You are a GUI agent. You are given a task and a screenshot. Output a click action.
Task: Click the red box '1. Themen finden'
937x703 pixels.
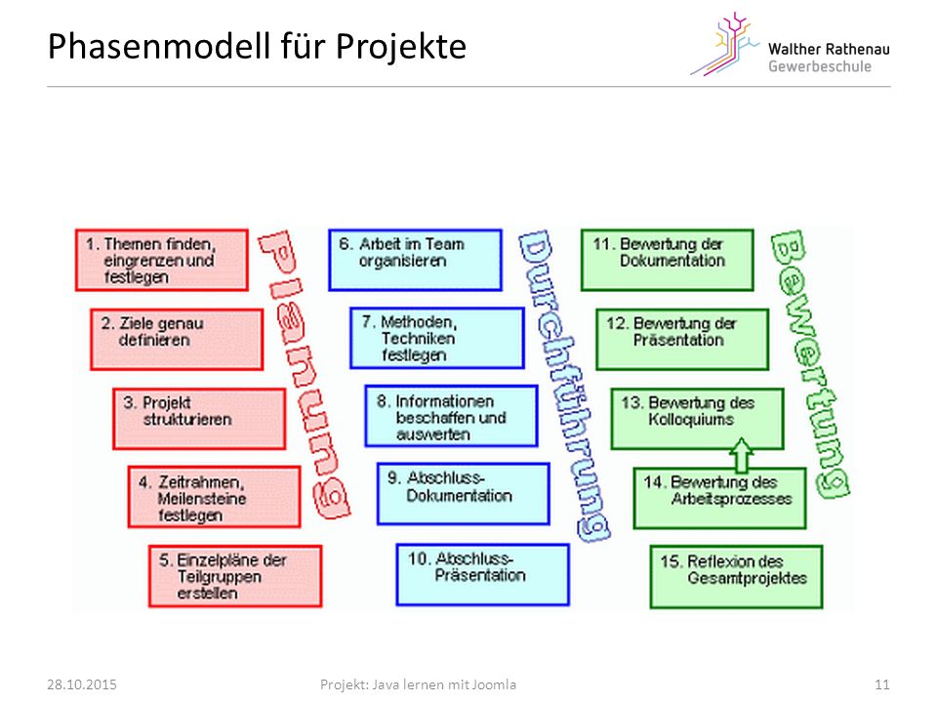[x=161, y=260]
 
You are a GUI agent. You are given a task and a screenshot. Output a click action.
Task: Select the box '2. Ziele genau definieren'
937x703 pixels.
[x=177, y=340]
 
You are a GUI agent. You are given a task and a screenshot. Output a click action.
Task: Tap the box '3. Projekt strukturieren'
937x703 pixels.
[x=199, y=419]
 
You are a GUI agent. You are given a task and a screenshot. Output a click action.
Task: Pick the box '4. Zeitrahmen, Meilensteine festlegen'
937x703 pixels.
[x=214, y=497]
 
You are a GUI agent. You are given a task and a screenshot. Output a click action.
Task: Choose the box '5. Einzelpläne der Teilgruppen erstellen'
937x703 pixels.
[x=235, y=576]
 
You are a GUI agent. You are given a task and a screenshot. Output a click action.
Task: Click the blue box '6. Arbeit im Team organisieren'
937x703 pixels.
[x=415, y=260]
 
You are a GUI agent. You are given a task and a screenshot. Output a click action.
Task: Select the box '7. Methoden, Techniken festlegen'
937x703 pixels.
[x=437, y=339]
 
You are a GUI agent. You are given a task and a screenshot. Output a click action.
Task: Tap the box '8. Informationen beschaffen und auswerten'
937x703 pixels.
[x=451, y=417]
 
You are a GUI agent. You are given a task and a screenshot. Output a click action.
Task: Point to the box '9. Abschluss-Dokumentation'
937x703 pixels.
[x=463, y=494]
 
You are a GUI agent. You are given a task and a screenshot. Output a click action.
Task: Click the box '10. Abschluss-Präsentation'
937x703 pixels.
[x=482, y=574]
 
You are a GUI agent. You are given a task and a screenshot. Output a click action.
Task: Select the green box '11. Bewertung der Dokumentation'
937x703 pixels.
[x=667, y=260]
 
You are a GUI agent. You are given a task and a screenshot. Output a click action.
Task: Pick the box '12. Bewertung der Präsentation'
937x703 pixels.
[x=682, y=340]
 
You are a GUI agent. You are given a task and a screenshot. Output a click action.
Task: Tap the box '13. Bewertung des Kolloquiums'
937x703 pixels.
[x=697, y=419]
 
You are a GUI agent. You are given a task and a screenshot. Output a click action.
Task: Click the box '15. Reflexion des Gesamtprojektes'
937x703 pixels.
[x=736, y=577]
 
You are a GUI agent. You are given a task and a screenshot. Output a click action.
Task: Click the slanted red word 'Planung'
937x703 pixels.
[x=304, y=374]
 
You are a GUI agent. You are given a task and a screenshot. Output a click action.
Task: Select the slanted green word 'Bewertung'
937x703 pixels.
[x=810, y=364]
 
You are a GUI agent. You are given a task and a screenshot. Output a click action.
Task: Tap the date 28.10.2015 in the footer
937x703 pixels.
[x=82, y=684]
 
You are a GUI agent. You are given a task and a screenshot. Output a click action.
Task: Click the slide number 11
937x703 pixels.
[x=882, y=684]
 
